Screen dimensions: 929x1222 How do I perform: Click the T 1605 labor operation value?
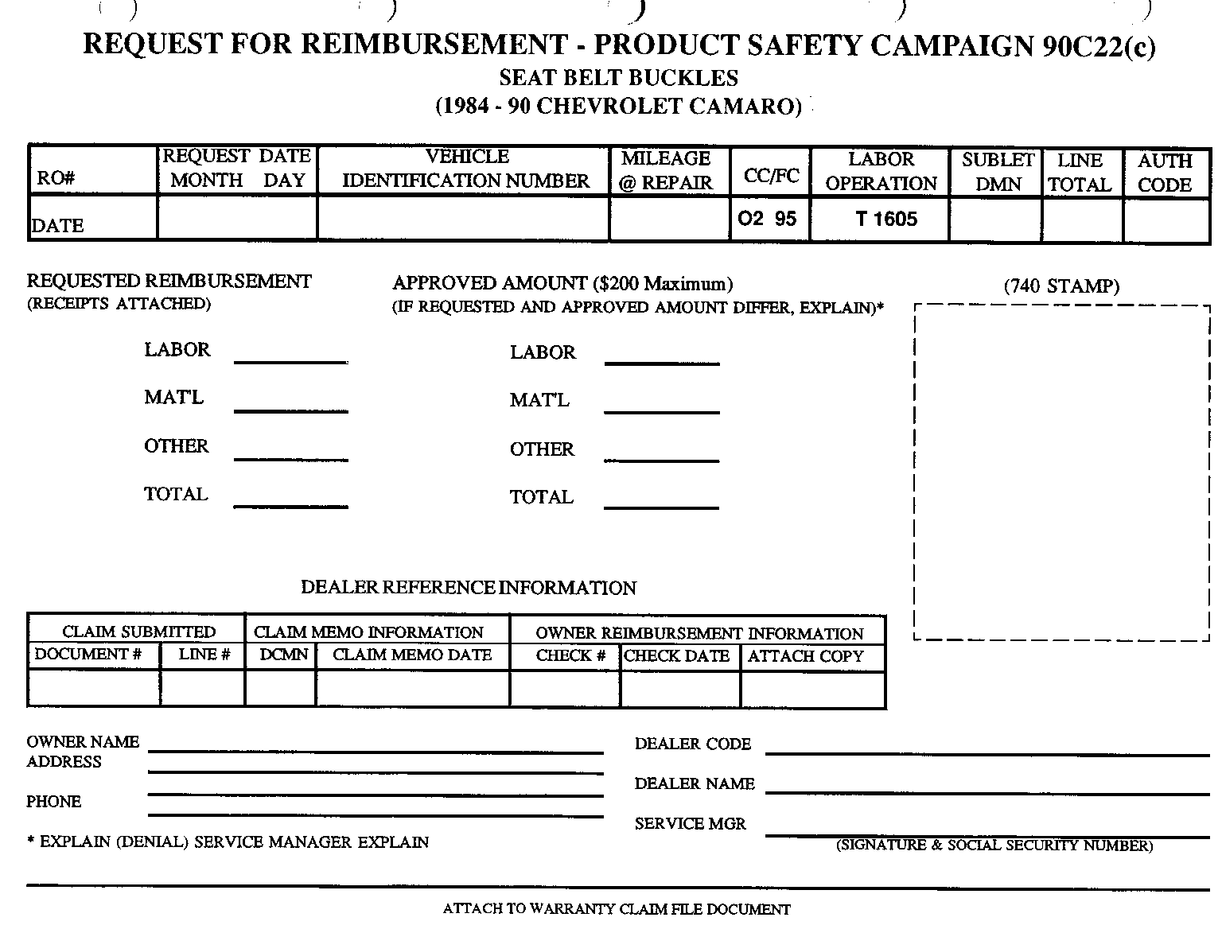point(886,219)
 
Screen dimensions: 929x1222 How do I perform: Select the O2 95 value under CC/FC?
point(767,219)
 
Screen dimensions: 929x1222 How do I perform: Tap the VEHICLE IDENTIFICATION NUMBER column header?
point(465,169)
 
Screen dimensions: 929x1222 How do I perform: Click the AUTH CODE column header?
point(1165,173)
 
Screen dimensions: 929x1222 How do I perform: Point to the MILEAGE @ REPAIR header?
point(666,170)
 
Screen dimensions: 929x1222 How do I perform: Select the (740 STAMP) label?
point(1061,286)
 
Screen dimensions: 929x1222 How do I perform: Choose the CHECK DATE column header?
point(677,656)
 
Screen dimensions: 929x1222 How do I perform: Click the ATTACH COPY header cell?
point(805,656)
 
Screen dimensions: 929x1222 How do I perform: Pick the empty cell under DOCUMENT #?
point(93,688)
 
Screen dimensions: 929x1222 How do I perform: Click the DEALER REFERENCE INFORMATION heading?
point(468,588)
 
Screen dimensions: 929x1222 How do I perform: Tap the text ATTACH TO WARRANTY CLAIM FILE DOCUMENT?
point(617,908)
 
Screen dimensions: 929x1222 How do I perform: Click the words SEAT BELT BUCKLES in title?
point(618,78)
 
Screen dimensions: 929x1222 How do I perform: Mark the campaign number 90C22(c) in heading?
point(1098,45)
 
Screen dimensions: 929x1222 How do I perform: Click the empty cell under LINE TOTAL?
point(1082,220)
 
